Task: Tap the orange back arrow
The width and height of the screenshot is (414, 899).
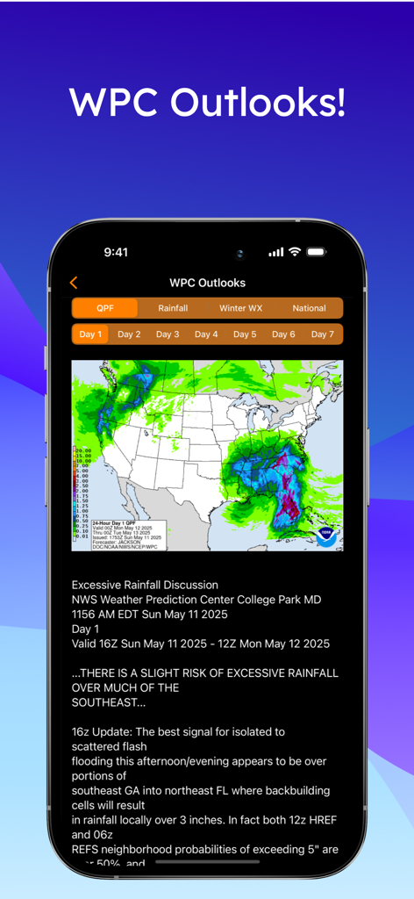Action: [x=74, y=283]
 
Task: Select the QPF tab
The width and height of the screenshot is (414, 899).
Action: [x=105, y=308]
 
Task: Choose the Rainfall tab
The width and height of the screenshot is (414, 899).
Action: [x=173, y=308]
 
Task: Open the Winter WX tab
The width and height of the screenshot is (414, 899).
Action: [x=240, y=308]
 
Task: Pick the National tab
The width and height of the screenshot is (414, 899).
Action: [x=309, y=308]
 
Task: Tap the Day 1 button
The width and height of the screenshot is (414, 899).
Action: [x=90, y=334]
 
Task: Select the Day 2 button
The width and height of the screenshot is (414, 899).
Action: [x=129, y=334]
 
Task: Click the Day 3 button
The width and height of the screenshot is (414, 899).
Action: [x=168, y=334]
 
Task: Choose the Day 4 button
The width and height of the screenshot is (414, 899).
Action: [x=206, y=334]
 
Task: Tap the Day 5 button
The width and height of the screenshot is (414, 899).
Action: [x=245, y=334]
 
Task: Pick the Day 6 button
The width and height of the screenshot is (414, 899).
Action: [x=283, y=334]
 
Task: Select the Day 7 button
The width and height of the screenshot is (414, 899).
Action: [x=322, y=334]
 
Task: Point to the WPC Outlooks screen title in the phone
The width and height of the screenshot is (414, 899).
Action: [x=207, y=283]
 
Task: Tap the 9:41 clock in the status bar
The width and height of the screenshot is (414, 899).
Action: [x=116, y=252]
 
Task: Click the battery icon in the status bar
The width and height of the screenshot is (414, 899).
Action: [x=317, y=252]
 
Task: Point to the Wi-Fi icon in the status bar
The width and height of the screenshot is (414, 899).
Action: [x=295, y=252]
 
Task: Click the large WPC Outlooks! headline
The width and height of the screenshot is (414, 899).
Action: [x=207, y=102]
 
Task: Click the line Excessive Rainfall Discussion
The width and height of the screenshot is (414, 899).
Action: [x=145, y=585]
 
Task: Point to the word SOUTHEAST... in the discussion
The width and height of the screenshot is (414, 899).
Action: [x=104, y=702]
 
